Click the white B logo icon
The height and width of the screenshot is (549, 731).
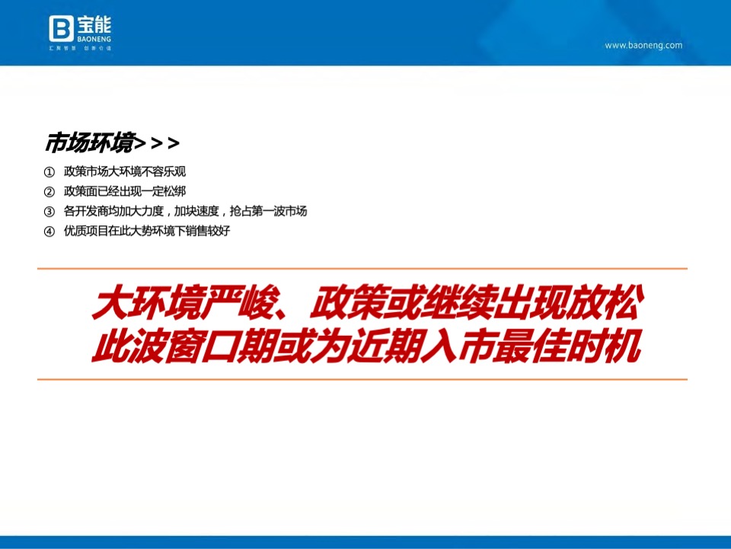(x=60, y=29)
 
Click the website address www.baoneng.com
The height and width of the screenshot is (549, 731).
(x=643, y=46)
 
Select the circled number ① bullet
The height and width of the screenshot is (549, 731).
(x=50, y=172)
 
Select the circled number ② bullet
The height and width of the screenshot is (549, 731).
(x=50, y=192)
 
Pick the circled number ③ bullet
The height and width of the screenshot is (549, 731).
(x=50, y=212)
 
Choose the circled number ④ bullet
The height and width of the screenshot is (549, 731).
(x=50, y=231)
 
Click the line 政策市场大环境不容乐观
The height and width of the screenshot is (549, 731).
(x=125, y=172)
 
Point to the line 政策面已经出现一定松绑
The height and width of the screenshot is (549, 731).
(x=125, y=192)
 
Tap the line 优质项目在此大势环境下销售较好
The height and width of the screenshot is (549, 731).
(x=147, y=231)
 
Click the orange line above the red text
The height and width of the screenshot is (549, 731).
(x=362, y=269)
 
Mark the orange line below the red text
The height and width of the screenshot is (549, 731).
(x=362, y=379)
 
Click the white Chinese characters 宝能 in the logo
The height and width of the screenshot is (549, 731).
(x=93, y=23)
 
